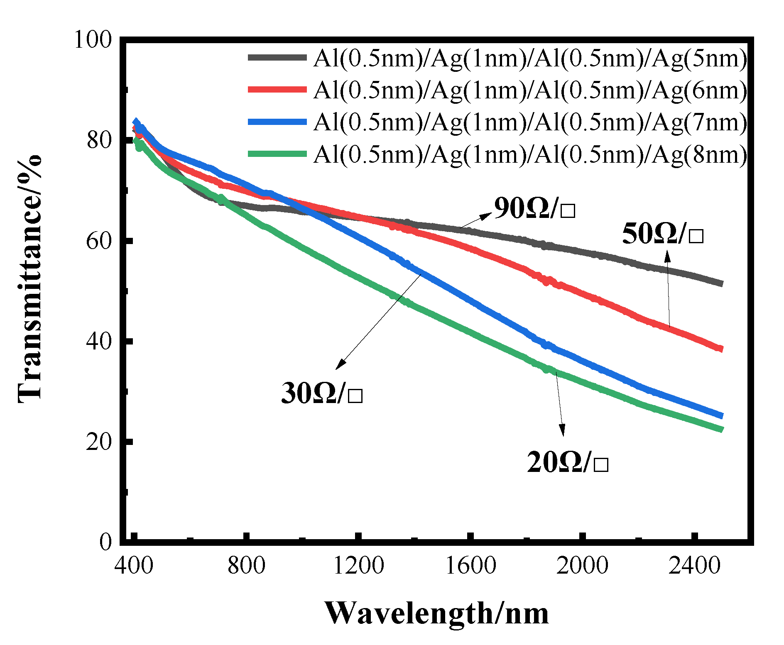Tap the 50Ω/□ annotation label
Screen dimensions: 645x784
[662, 234]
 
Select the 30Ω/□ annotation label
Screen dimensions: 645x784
[322, 393]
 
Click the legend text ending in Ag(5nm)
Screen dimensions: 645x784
[530, 59]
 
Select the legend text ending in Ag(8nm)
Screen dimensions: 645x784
[530, 155]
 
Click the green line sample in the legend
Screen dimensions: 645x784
[277, 154]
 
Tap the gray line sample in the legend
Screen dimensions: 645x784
[277, 58]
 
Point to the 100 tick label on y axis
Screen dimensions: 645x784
[93, 40]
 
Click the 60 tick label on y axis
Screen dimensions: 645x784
[99, 241]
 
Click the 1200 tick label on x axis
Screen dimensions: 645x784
[358, 566]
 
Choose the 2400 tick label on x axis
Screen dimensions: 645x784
[694, 566]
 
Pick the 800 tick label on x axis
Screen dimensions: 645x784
[246, 566]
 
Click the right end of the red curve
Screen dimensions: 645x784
[721, 349]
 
